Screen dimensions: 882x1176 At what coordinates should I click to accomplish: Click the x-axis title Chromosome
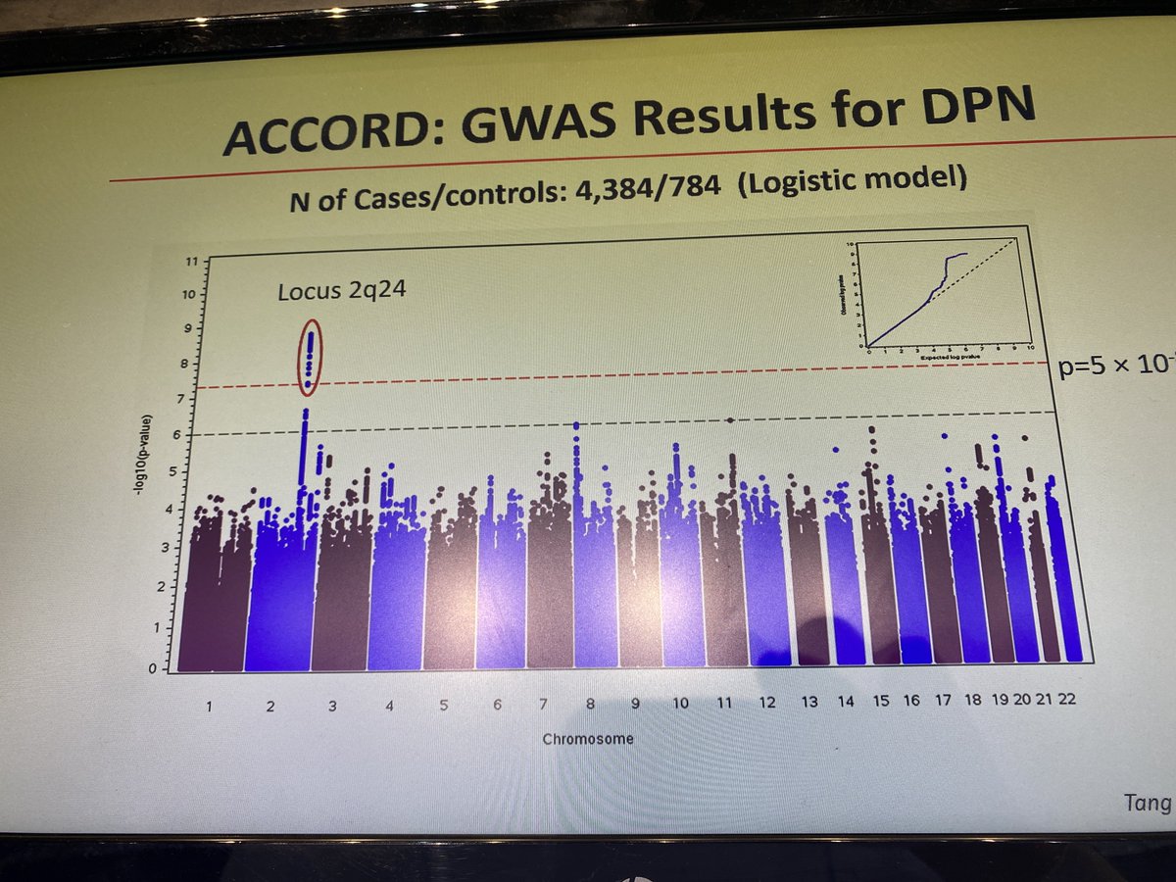point(588,738)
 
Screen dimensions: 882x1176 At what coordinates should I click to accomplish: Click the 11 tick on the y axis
point(193,262)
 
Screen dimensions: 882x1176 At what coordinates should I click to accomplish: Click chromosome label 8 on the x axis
point(591,703)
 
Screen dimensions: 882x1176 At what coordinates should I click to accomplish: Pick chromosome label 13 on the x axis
point(809,702)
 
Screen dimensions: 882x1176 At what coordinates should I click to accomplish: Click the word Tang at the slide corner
point(1147,804)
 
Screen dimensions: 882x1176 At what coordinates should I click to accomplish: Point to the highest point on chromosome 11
point(729,419)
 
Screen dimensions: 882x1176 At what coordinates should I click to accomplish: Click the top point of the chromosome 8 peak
point(576,425)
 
